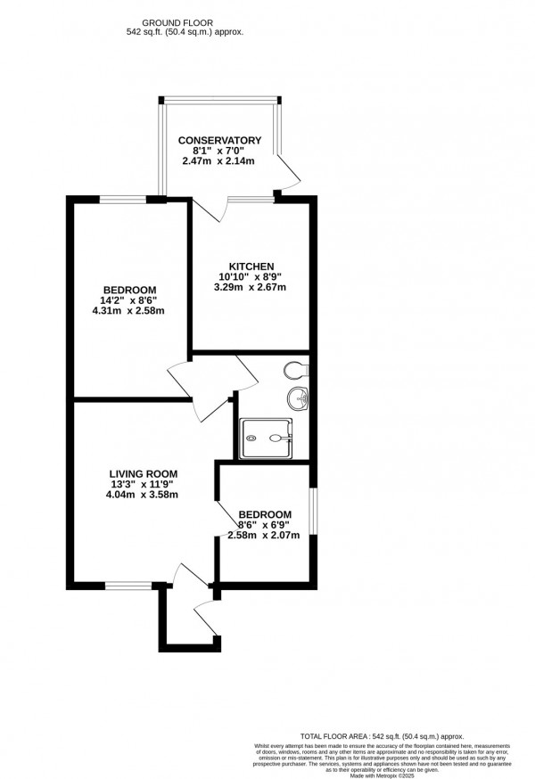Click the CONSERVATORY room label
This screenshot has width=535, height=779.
(219, 140)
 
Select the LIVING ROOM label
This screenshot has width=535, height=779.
(144, 473)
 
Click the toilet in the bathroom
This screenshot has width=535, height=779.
(294, 369)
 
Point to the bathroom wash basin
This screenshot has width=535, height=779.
(299, 399)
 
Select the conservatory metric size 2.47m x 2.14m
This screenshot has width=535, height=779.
(219, 161)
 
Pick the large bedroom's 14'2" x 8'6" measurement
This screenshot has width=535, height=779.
(130, 300)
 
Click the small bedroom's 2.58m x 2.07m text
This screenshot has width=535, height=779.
(265, 536)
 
